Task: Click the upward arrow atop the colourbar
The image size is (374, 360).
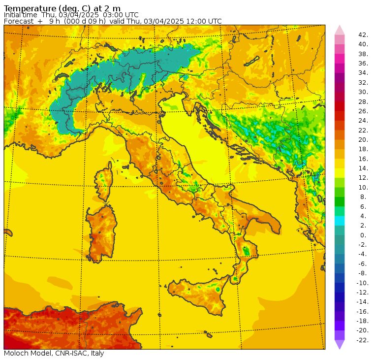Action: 340,30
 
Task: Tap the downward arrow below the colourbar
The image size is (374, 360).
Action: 340,345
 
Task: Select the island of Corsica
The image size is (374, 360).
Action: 103,182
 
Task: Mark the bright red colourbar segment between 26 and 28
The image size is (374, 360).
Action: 340,106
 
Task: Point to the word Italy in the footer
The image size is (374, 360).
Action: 95,353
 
